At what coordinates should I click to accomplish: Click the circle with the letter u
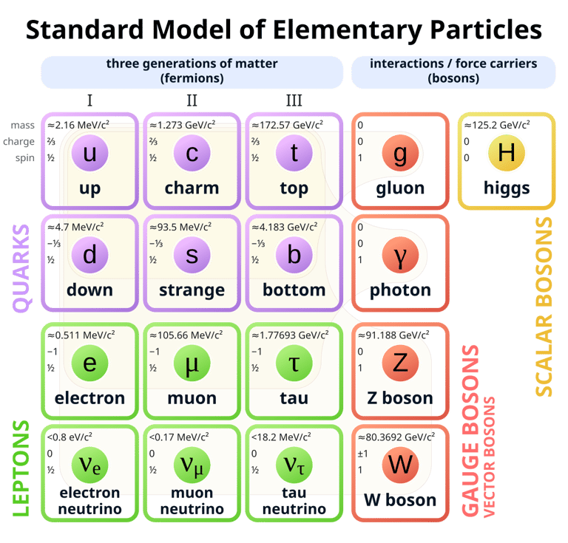[89, 154]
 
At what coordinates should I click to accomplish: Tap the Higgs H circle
[507, 154]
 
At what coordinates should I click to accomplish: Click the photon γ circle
[400, 256]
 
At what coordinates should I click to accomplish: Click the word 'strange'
[192, 290]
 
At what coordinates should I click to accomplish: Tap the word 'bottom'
[294, 290]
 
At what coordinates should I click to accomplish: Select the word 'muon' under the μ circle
[192, 398]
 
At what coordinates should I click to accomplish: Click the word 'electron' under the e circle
[89, 398]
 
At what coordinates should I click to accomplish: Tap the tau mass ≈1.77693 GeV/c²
[289, 335]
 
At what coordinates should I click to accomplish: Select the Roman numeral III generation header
[294, 100]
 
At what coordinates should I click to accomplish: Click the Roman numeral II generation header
[192, 100]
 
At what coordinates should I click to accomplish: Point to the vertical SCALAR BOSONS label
[544, 307]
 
